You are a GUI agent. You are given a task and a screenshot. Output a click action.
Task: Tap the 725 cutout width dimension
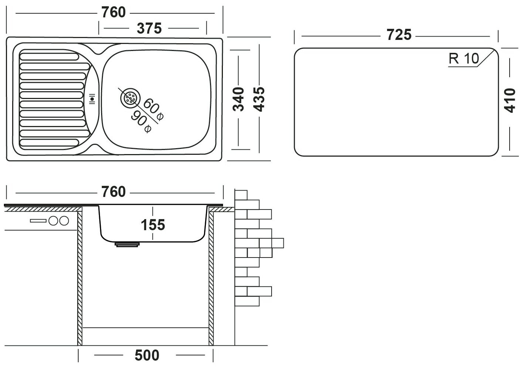click(399, 35)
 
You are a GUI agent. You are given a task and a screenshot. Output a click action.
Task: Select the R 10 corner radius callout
click(463, 58)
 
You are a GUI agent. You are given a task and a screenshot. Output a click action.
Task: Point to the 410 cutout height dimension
click(510, 100)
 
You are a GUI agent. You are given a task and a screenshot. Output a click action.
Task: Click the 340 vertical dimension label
click(239, 99)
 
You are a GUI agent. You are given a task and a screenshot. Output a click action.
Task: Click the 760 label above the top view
click(113, 13)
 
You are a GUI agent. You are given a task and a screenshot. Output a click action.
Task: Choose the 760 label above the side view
click(113, 192)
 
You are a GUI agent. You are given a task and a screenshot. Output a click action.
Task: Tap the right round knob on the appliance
click(64, 221)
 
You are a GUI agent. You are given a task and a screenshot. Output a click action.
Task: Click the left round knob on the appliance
click(54, 221)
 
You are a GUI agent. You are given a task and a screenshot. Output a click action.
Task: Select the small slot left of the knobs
click(39, 221)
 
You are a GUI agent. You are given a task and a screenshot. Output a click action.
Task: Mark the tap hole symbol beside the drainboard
click(93, 99)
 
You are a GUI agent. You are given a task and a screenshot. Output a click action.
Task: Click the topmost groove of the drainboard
click(49, 56)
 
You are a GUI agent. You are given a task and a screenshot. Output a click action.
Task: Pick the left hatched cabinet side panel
click(80, 277)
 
